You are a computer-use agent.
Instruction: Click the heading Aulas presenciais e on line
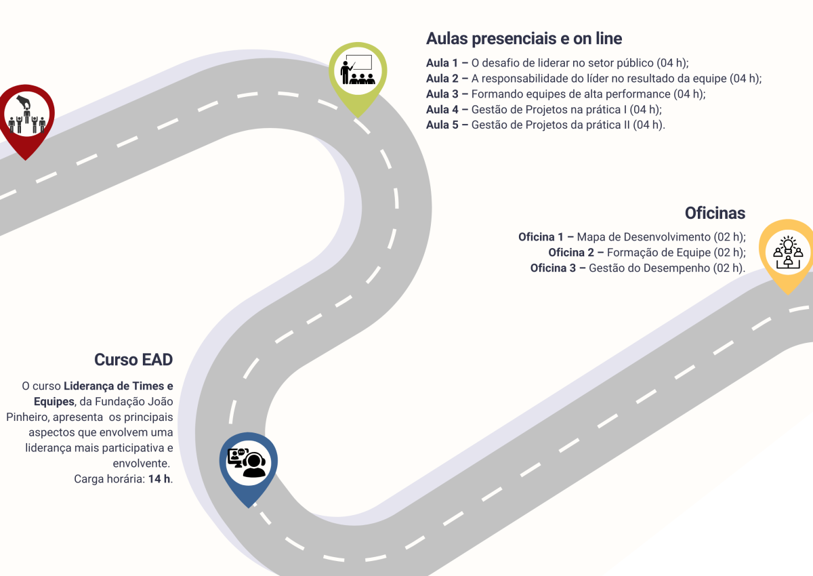(524, 39)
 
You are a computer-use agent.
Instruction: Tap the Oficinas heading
(715, 213)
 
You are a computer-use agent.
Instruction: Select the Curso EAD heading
(133, 360)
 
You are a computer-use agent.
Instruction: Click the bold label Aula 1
(442, 63)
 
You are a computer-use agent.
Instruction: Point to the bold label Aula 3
(442, 94)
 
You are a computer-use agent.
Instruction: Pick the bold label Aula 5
(442, 125)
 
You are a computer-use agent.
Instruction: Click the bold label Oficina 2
(571, 253)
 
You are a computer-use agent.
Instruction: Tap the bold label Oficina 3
(553, 268)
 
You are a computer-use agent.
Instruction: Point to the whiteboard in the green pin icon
(359, 62)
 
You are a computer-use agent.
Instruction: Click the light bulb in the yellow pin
(789, 244)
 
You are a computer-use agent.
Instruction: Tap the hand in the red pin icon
(24, 102)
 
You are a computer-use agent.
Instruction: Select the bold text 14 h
(159, 479)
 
